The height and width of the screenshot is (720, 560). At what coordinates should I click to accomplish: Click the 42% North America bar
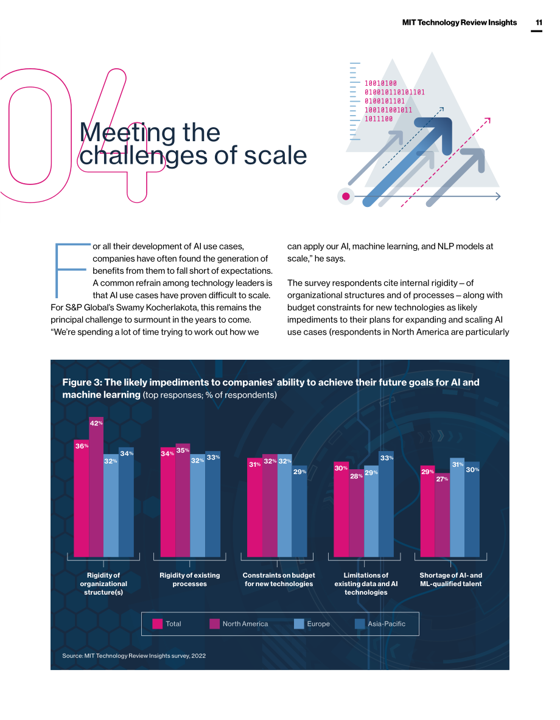click(96, 487)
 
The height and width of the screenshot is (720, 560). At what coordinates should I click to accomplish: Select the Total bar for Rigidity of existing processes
click(167, 502)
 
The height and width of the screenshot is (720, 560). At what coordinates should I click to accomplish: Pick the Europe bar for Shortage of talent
click(457, 508)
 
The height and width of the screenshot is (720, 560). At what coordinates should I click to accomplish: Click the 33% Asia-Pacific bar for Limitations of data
click(387, 504)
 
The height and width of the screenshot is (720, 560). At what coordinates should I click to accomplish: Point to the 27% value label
click(443, 479)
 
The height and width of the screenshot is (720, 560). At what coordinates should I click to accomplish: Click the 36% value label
click(82, 446)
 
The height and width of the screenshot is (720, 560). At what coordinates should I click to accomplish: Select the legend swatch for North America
click(214, 624)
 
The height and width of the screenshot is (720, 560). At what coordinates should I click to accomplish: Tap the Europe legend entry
click(312, 624)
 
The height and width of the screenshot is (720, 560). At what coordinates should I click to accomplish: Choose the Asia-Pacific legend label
click(387, 624)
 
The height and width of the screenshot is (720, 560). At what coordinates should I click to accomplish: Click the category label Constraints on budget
click(279, 579)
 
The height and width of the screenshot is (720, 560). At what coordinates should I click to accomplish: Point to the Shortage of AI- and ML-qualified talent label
click(450, 579)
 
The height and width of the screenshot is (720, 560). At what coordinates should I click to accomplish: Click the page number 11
click(539, 23)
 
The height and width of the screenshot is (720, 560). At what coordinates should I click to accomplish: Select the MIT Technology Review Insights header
click(460, 23)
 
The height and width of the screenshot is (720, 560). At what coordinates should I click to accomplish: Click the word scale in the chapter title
click(275, 156)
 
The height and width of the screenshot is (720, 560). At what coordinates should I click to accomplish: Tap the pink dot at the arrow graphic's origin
click(346, 197)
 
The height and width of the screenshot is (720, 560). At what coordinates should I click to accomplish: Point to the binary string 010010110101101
click(394, 93)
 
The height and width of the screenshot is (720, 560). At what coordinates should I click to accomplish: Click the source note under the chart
click(134, 655)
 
